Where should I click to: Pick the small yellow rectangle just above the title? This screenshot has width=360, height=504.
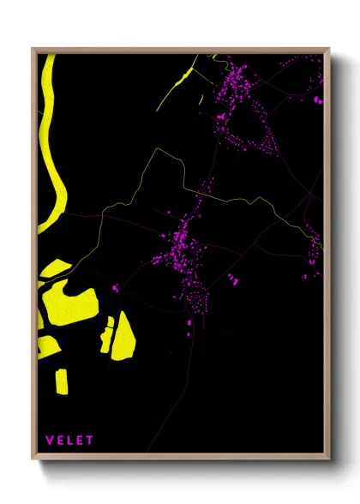click(x=62, y=381)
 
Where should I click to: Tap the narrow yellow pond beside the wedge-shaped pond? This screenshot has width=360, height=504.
click(x=107, y=334)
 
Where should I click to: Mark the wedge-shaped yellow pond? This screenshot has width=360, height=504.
click(x=124, y=334)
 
